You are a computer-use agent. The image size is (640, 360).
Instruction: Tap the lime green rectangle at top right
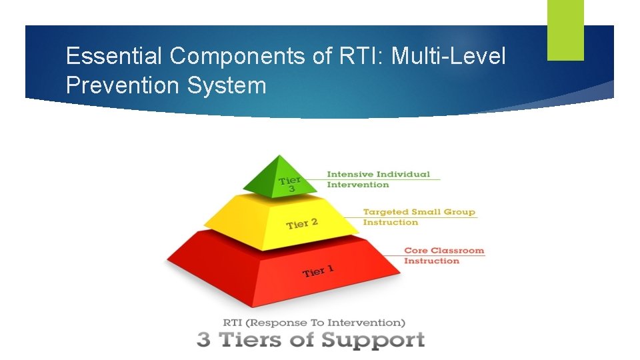pos(565,29)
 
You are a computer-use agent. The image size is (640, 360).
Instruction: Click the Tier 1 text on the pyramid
pos(318,271)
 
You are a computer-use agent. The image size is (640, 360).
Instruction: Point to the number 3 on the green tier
pos(291,189)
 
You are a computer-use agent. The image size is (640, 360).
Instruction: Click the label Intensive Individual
pos(378,174)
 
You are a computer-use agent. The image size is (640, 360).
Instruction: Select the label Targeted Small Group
pos(419,212)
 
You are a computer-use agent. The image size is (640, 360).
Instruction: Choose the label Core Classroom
pos(444,251)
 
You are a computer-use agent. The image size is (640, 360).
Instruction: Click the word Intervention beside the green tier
pos(357,185)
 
